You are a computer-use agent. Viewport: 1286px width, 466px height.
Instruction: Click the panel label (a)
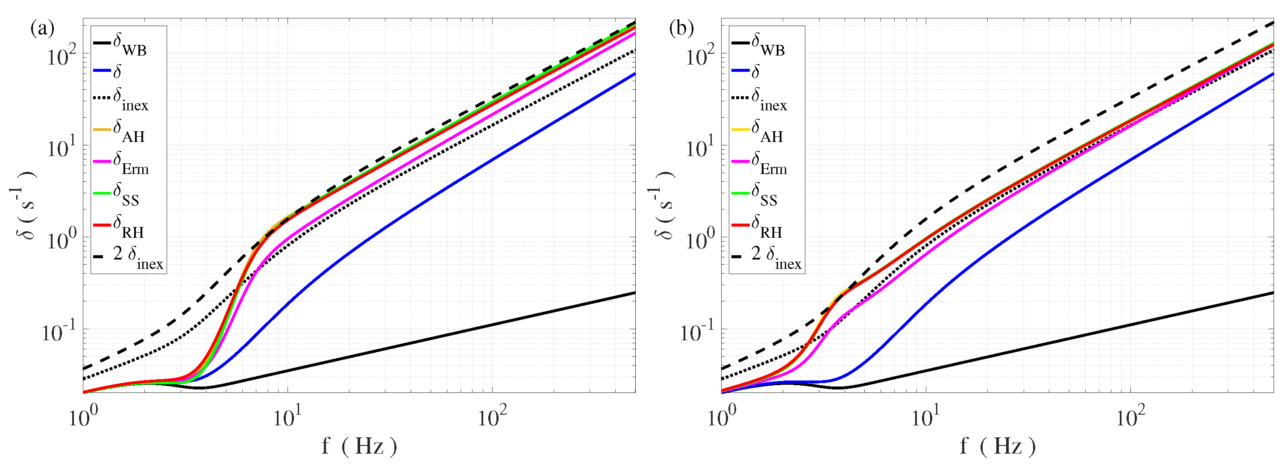(x=42, y=29)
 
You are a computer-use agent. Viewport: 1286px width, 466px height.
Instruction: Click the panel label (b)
(x=681, y=29)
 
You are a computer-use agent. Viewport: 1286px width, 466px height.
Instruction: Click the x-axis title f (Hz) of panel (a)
(x=359, y=445)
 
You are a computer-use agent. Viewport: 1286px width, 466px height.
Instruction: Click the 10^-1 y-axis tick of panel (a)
(x=59, y=332)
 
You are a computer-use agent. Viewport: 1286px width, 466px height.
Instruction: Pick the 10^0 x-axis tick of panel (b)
(x=721, y=418)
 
